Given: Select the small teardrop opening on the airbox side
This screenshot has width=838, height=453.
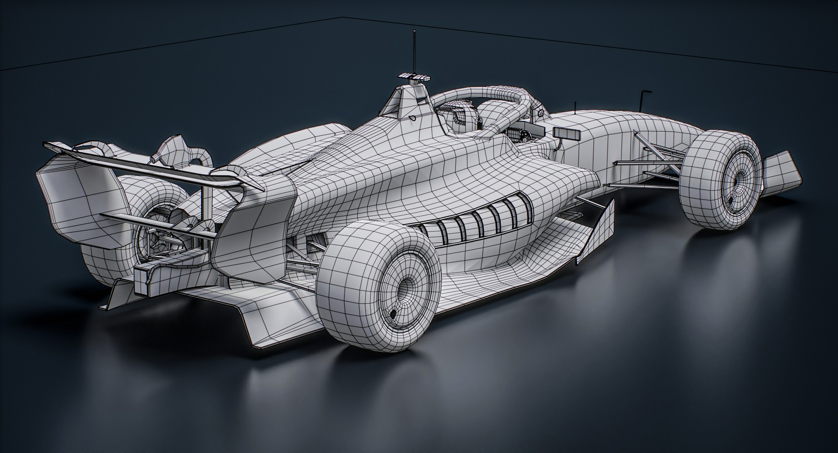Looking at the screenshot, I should (412, 118).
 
